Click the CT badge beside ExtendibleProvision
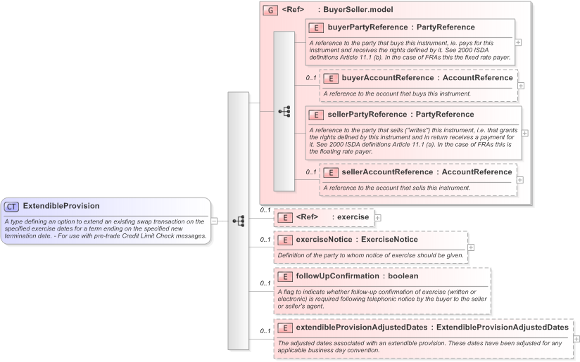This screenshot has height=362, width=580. pyautogui.click(x=12, y=207)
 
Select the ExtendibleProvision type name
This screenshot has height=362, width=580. pyautogui.click(x=61, y=206)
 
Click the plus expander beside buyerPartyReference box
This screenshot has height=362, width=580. pyautogui.click(x=519, y=42)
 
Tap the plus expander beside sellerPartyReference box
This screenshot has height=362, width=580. pyautogui.click(x=525, y=133)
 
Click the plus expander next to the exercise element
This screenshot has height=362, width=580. pyautogui.click(x=378, y=217)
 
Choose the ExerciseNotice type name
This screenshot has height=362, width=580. pyautogui.click(x=389, y=240)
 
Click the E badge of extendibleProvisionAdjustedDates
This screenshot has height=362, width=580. pyautogui.click(x=284, y=328)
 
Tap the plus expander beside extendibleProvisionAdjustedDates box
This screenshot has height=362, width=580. pyautogui.click(x=577, y=339)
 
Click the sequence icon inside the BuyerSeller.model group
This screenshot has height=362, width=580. pyautogui.click(x=284, y=111)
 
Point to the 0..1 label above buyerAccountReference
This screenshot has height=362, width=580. pyautogui.click(x=310, y=78)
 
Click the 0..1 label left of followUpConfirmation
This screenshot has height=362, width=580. pyautogui.click(x=265, y=283)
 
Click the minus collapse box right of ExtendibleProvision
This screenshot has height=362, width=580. pyautogui.click(x=214, y=221)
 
